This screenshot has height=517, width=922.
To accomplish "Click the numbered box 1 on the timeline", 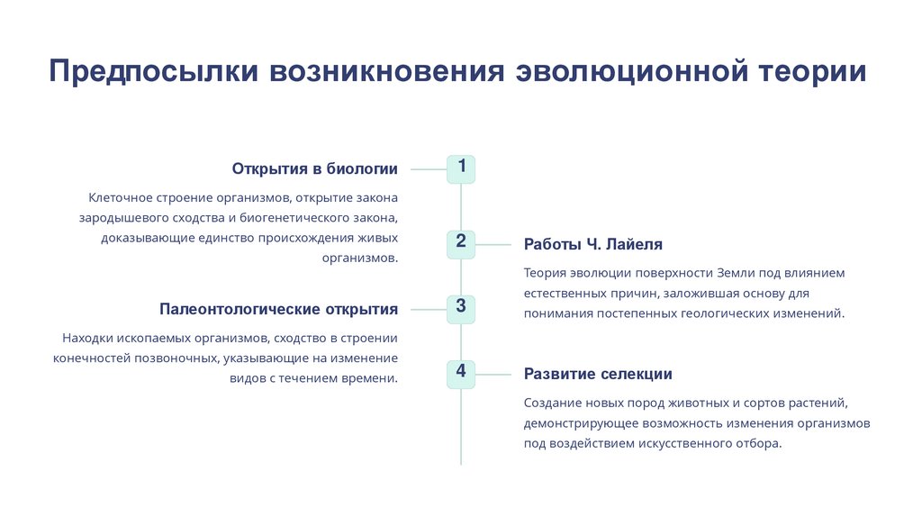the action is [461, 168].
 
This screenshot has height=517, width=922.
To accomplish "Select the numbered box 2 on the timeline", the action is [461, 243].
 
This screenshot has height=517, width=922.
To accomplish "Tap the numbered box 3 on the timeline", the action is [461, 308].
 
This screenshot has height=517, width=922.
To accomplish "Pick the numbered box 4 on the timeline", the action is [461, 373].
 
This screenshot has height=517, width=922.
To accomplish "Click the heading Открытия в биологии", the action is [314, 168].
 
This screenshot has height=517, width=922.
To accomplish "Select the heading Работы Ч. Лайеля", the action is [593, 244].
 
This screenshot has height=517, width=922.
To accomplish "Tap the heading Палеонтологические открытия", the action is [278, 309].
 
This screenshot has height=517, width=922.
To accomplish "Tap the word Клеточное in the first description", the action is [120, 197].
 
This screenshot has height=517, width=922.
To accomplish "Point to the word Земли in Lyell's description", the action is [737, 273].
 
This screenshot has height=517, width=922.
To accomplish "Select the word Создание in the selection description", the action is [551, 403].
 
